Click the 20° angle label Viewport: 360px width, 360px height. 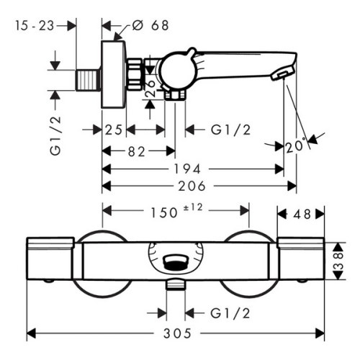[x=295, y=145]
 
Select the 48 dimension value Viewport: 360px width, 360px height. [x=302, y=215]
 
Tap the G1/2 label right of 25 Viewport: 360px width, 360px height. [x=230, y=130]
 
